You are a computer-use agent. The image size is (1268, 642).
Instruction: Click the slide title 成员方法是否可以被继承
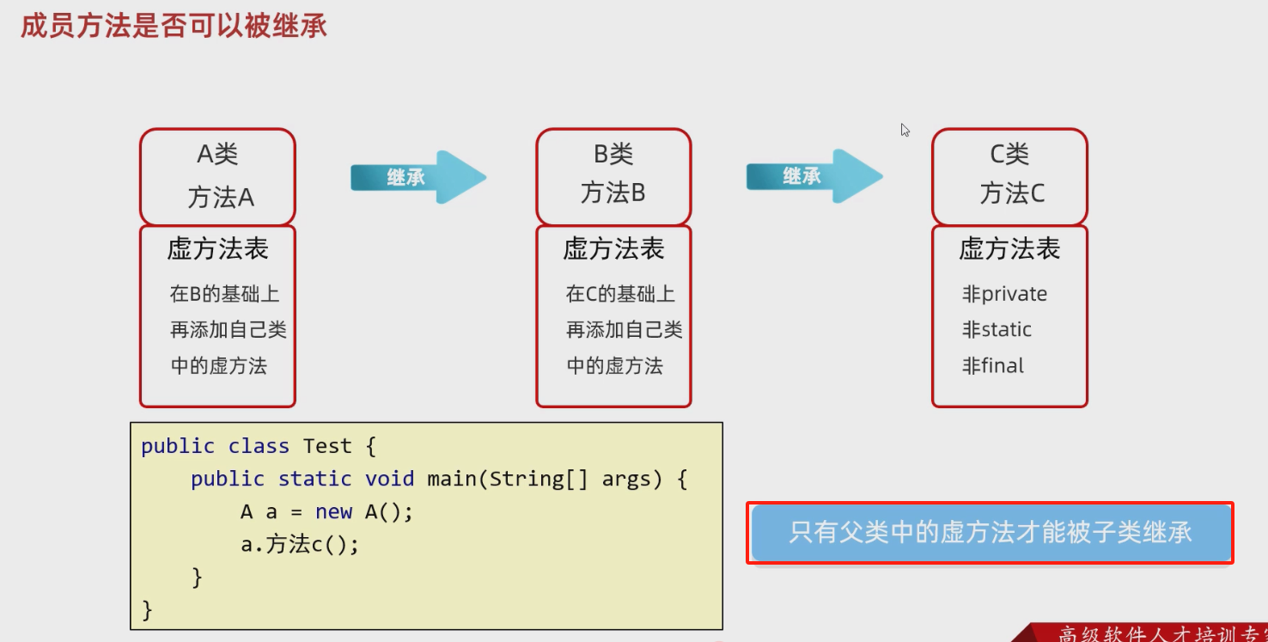pyautogui.click(x=174, y=26)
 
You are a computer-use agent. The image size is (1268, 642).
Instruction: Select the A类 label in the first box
pyautogui.click(x=217, y=155)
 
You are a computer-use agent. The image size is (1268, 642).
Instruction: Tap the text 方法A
pyautogui.click(x=221, y=198)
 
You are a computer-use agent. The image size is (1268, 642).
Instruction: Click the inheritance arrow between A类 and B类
pyautogui.click(x=418, y=177)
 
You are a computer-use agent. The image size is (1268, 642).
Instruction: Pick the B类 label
pyautogui.click(x=613, y=155)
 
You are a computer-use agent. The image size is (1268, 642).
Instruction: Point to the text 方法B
pyautogui.click(x=613, y=193)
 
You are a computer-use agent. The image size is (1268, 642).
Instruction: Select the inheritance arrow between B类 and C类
pyautogui.click(x=814, y=176)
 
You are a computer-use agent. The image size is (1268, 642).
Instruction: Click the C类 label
pyautogui.click(x=1009, y=155)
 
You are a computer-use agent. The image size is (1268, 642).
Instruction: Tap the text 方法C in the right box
pyautogui.click(x=1012, y=193)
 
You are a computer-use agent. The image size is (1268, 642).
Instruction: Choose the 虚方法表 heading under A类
pyautogui.click(x=217, y=249)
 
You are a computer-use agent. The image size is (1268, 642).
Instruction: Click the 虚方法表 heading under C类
pyautogui.click(x=1009, y=249)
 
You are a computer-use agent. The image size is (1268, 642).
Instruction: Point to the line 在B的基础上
pyautogui.click(x=224, y=294)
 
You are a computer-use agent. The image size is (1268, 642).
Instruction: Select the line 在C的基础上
pyautogui.click(x=620, y=294)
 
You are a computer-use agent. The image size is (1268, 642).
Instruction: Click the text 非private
pyautogui.click(x=1004, y=294)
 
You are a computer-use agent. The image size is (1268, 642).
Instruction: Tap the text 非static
pyautogui.click(x=997, y=330)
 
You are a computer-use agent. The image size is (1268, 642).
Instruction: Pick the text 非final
pyautogui.click(x=993, y=366)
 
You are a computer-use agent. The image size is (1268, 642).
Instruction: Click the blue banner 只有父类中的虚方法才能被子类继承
pyautogui.click(x=991, y=533)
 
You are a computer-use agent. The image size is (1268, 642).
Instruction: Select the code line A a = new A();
pyautogui.click(x=326, y=512)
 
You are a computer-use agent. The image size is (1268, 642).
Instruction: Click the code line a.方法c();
pyautogui.click(x=299, y=545)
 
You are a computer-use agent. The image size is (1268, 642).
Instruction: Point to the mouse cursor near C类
pyautogui.click(x=905, y=130)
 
